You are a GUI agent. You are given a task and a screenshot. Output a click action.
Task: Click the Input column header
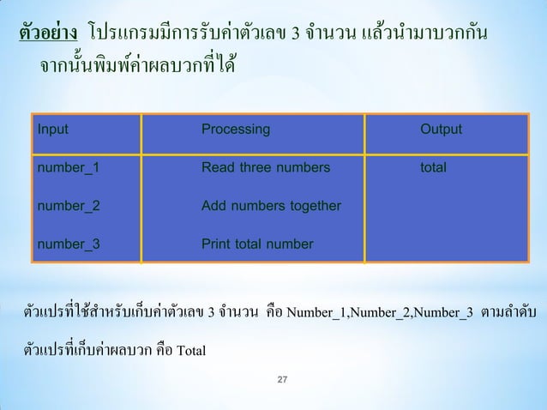51,130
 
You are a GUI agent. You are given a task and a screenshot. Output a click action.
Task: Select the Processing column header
235,130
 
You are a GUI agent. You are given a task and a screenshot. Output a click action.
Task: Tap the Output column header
441,130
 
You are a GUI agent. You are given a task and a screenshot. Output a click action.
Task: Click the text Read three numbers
264,168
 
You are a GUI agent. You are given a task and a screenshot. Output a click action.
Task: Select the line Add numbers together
271,206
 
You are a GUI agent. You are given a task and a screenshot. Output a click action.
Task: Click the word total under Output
433,168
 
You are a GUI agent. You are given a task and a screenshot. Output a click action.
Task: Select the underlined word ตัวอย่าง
50,33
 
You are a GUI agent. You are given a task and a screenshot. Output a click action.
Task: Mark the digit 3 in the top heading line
296,34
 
